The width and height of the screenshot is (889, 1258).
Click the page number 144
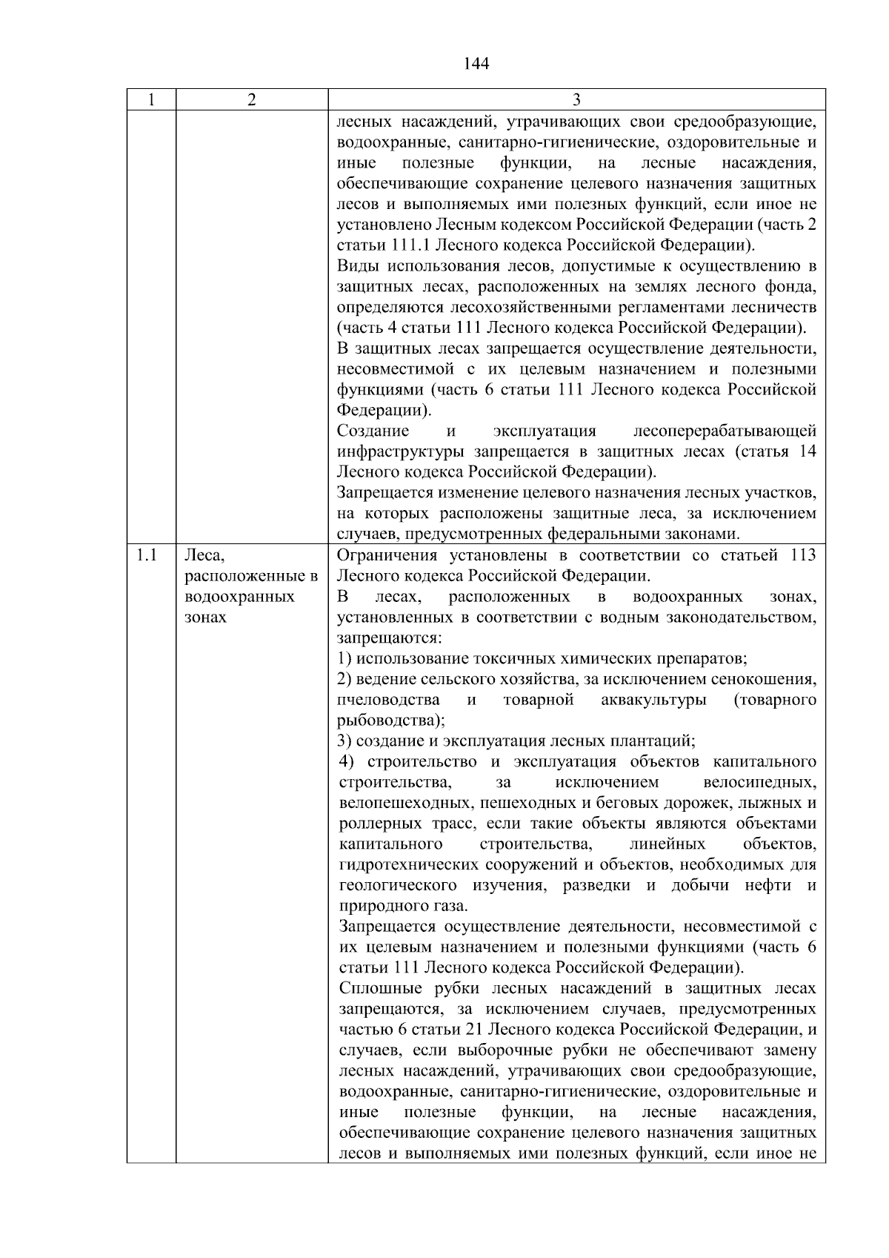(x=476, y=64)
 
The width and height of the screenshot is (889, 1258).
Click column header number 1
(x=151, y=100)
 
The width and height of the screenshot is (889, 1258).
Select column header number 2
(x=251, y=100)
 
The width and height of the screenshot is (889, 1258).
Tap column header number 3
(x=576, y=100)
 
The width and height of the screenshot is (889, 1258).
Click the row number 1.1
(x=147, y=555)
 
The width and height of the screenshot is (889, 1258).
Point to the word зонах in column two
(x=205, y=617)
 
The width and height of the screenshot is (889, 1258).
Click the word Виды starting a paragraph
(x=356, y=266)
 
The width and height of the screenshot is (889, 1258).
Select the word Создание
(x=373, y=431)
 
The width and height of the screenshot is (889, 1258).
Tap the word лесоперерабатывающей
(x=725, y=431)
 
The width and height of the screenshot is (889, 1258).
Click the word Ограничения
(x=386, y=555)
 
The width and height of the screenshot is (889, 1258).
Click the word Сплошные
(x=373, y=988)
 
